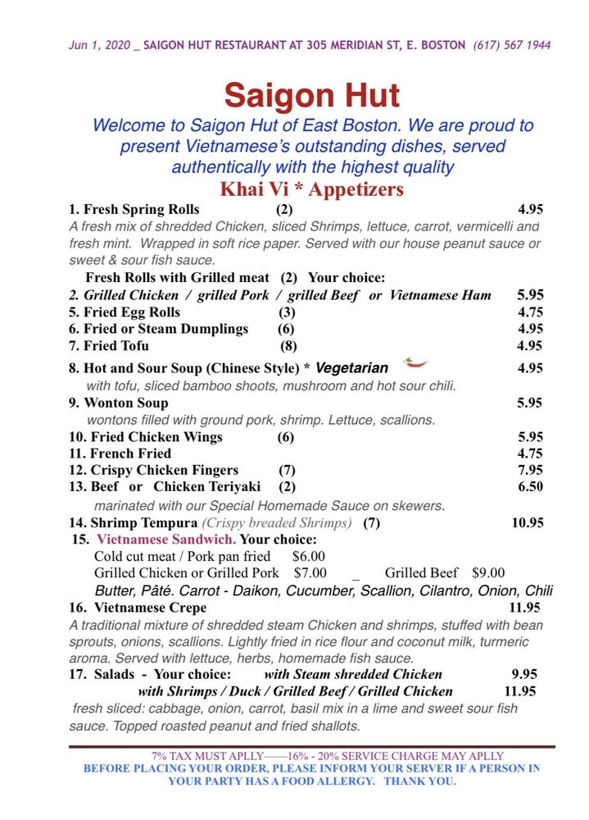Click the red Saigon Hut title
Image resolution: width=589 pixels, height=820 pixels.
312,96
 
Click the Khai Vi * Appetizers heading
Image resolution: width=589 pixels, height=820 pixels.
311,189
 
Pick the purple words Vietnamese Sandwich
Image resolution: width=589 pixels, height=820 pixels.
166,540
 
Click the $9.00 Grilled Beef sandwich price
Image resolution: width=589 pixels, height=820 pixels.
488,573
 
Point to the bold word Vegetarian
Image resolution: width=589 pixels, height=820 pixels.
351,368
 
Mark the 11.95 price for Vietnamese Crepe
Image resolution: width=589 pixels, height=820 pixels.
525,608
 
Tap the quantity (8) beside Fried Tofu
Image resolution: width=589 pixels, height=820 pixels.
289,346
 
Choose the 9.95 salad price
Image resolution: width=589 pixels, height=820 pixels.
525,674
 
